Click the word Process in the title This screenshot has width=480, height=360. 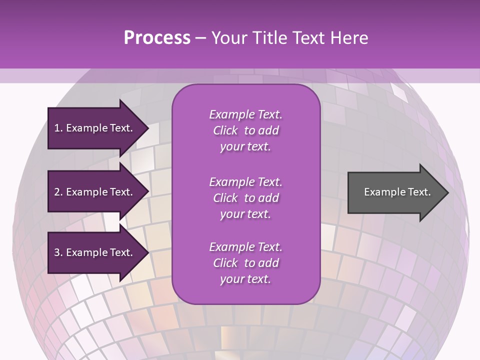pyautogui.click(x=157, y=38)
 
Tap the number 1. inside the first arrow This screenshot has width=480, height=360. pyautogui.click(x=58, y=128)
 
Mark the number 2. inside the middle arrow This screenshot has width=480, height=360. pyautogui.click(x=58, y=192)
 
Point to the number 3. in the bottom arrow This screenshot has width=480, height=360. pyautogui.click(x=58, y=252)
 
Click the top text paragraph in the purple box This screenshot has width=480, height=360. pyautogui.click(x=245, y=130)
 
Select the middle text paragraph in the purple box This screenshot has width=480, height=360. pyautogui.click(x=245, y=198)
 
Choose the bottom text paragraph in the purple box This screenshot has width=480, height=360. pyautogui.click(x=245, y=263)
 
